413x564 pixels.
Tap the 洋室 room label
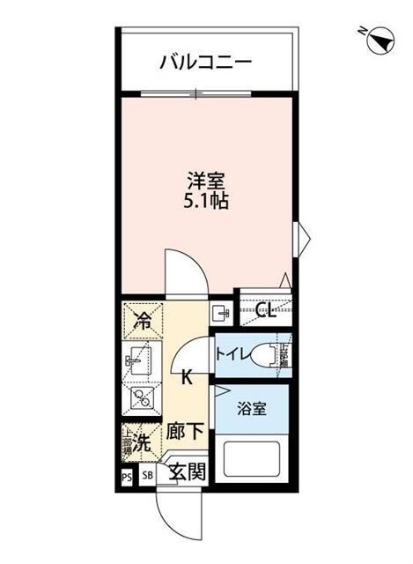(x=207, y=182)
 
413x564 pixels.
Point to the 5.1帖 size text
(x=207, y=202)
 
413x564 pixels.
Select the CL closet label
(x=267, y=312)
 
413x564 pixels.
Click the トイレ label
(x=231, y=355)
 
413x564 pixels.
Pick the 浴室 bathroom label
(x=253, y=410)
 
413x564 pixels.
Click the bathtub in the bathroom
(x=253, y=460)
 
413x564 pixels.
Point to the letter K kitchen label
(x=187, y=379)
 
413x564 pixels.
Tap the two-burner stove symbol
(x=141, y=397)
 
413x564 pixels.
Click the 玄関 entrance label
(x=187, y=471)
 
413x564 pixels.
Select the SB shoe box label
(x=146, y=476)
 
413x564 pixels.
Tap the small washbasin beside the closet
(x=221, y=312)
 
